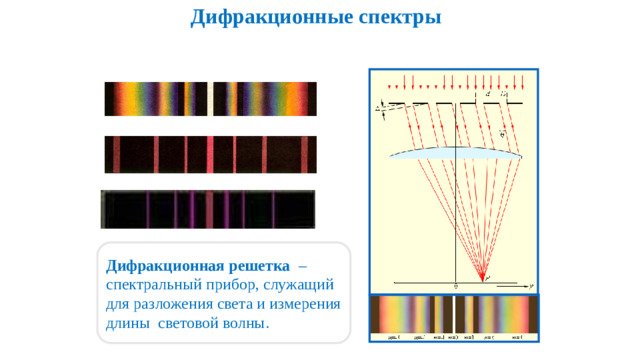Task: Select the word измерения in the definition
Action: [303, 305]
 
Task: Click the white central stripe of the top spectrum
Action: [210, 99]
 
